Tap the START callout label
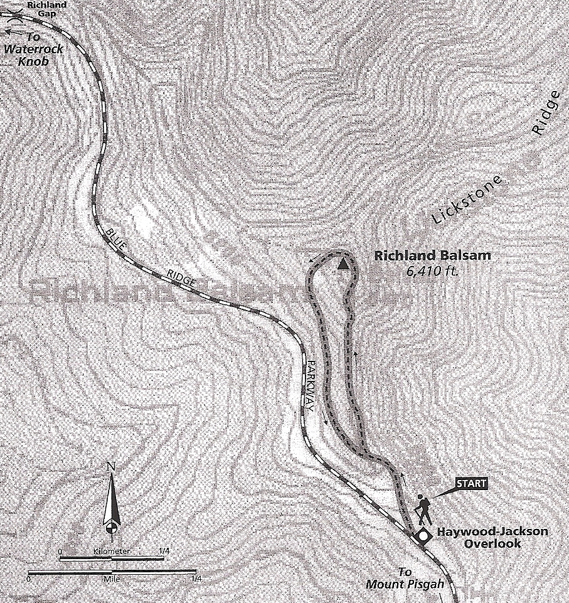pos(471,483)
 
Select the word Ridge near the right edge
pos(545,112)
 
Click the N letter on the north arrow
pos(111,466)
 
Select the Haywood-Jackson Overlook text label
pos(492,538)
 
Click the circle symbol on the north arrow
pos(111,526)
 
